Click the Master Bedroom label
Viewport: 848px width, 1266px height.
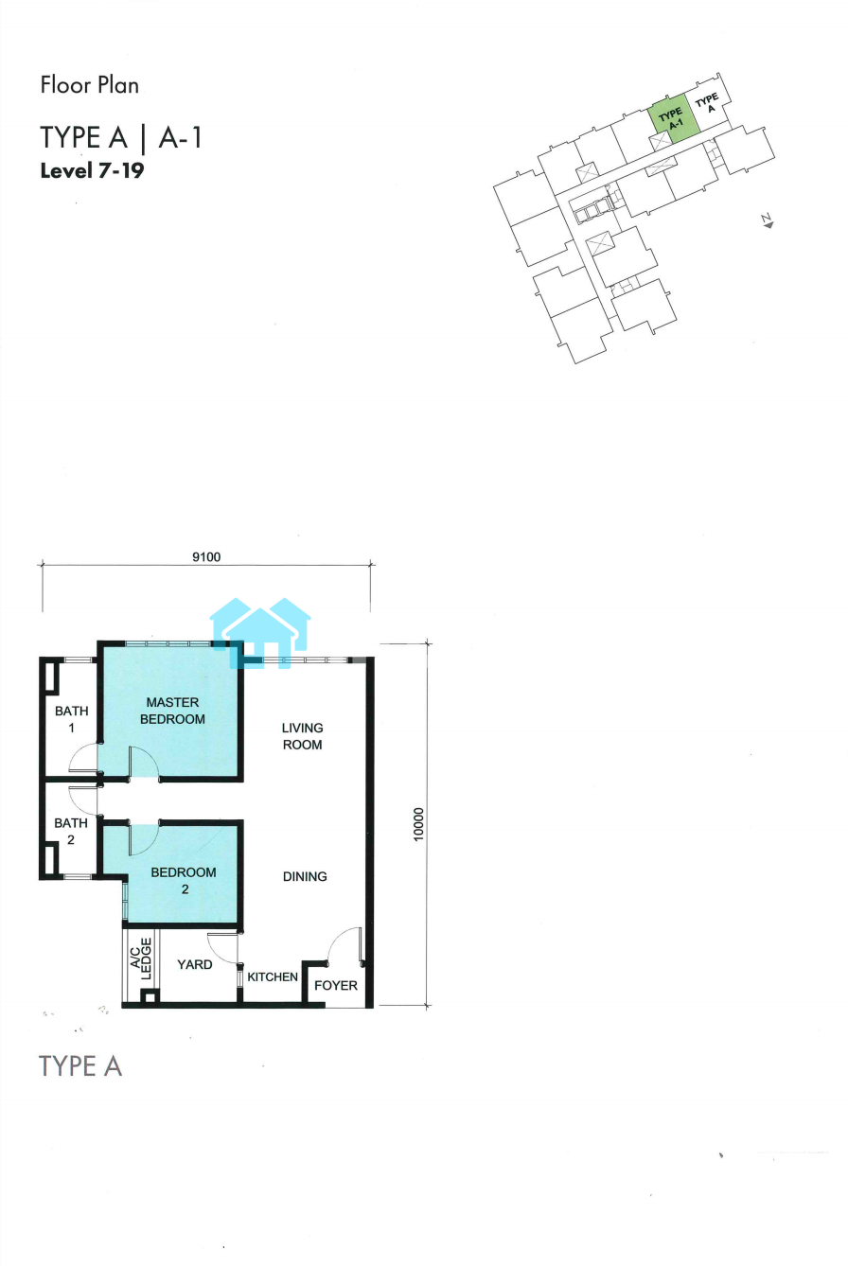point(172,711)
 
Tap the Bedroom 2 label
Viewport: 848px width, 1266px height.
point(184,881)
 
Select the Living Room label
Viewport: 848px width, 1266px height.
point(303,736)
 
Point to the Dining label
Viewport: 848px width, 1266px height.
point(305,876)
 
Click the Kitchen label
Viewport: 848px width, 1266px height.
point(273,976)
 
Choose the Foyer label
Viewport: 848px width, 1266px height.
point(336,986)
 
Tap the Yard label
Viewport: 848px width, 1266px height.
point(194,964)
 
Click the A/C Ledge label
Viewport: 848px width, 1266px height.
point(141,958)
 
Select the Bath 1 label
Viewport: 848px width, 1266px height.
point(71,719)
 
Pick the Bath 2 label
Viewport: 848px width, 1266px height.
point(71,831)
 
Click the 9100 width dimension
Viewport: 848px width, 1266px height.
point(206,557)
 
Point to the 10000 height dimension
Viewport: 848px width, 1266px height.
point(418,824)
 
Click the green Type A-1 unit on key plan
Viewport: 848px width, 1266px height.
point(673,117)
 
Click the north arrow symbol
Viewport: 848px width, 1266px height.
point(768,221)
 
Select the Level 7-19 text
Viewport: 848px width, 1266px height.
point(92,170)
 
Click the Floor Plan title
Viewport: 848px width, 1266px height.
point(89,85)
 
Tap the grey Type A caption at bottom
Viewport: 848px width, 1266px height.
point(80,1066)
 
